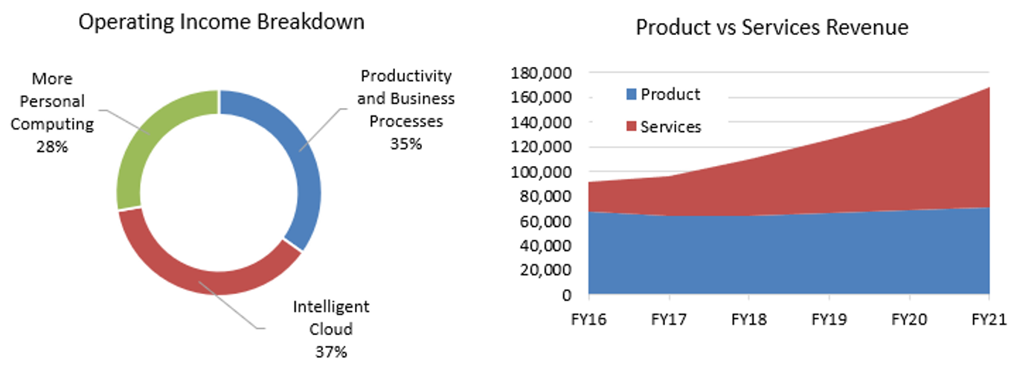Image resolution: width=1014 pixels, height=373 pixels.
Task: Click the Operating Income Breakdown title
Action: click(x=221, y=22)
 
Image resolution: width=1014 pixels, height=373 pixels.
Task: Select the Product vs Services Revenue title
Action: click(x=771, y=28)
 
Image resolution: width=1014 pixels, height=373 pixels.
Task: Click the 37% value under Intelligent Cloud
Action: click(x=331, y=351)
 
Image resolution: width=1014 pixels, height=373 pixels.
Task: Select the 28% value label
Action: click(x=52, y=147)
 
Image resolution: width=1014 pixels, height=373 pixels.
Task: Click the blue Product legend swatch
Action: click(x=632, y=95)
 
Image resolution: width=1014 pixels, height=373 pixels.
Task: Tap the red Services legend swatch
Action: click(x=632, y=127)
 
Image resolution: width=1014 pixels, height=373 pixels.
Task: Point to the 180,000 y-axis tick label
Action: click(x=541, y=73)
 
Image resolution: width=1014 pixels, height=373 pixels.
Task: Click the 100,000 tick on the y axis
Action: click(x=541, y=172)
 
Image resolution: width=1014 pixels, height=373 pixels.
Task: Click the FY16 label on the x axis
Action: click(x=588, y=320)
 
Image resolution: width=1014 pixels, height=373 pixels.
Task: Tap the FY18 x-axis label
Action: click(x=749, y=320)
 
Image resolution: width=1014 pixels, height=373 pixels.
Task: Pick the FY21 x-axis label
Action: click(x=989, y=320)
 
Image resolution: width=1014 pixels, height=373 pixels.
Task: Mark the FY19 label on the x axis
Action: click(x=829, y=320)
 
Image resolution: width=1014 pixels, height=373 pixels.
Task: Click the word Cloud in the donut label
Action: click(x=331, y=329)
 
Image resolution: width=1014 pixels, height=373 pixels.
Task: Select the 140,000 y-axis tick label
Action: click(x=541, y=122)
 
